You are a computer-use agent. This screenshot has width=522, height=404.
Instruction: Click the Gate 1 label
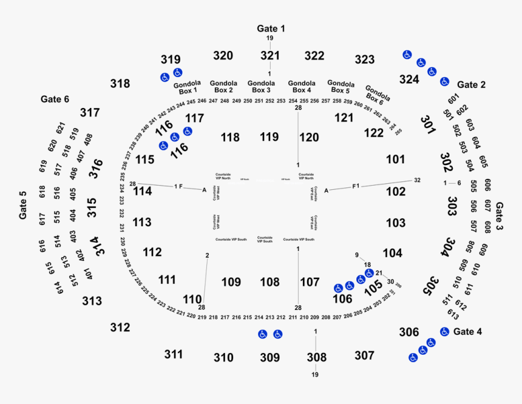271,29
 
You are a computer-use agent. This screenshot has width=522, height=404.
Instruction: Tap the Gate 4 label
467,332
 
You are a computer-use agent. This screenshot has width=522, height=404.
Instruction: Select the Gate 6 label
55,99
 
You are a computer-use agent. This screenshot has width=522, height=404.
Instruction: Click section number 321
270,56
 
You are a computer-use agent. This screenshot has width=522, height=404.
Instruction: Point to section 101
395,160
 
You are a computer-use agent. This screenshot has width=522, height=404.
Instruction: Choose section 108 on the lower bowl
269,282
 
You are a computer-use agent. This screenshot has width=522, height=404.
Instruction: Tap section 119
269,137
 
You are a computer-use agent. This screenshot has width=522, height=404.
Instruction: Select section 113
141,223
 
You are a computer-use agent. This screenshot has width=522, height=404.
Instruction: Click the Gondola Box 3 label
261,87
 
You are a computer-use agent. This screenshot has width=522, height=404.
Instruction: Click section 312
120,328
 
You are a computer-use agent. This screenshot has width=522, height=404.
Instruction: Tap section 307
364,355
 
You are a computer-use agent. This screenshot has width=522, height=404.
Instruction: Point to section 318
120,83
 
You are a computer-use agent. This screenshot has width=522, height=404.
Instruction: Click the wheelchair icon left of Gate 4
444,332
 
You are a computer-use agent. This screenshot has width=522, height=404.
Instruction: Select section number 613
452,314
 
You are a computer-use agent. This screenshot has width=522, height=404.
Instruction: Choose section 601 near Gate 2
453,99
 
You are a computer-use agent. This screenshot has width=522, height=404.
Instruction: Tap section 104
392,253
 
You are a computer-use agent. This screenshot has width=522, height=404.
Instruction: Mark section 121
344,118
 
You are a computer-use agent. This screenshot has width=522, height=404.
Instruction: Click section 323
365,59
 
